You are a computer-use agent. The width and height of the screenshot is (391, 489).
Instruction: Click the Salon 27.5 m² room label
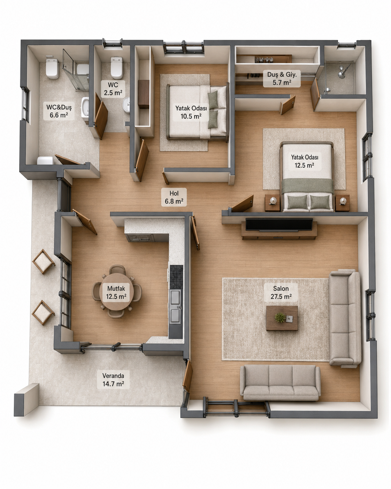pos(281,292)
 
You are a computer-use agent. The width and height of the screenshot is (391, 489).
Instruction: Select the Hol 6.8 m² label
pos(174,197)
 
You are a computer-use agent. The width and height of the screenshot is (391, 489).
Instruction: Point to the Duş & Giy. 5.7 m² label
pos(282,78)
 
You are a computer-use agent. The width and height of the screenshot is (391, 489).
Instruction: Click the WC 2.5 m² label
pos(113,89)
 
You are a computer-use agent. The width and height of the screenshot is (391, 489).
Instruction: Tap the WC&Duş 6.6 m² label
pos(59,111)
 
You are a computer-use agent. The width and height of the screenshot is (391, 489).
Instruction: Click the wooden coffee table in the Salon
pos(282,318)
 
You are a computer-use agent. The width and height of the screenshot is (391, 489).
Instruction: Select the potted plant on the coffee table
pos(280,317)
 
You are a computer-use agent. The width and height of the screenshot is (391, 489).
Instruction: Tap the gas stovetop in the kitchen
pos(176,277)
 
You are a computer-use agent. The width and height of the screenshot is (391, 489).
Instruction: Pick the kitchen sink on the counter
pos(176,307)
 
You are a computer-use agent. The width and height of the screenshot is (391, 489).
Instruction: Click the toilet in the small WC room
pos(117,68)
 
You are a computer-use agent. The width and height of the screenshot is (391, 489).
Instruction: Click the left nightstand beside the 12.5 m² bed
pos(272,203)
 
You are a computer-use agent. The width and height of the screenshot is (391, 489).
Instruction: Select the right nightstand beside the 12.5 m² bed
pos(343,203)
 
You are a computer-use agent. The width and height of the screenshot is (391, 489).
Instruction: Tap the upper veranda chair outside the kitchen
pos(44,262)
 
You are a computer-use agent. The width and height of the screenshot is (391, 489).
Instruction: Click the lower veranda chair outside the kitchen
pos(43,313)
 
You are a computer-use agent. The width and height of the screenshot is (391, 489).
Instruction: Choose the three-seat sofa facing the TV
pos(281,382)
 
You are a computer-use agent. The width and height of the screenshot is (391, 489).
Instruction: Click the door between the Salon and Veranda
pos(187,376)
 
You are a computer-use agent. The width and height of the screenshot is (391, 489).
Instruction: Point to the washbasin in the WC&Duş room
pos(85,109)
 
